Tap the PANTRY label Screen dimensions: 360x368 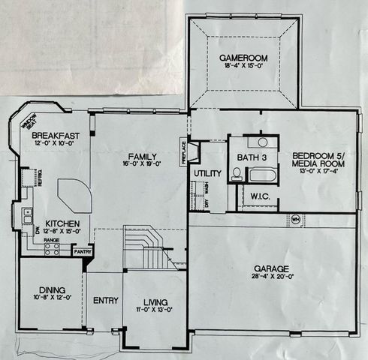click(83, 253)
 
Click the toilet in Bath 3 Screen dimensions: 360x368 click(236, 174)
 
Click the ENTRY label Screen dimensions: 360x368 click(105, 301)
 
